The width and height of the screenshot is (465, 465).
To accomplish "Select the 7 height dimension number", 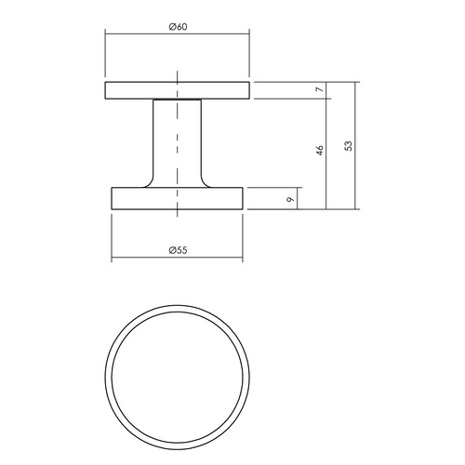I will pos(319,90).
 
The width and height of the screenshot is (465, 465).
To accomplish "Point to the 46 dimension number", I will pos(319,149).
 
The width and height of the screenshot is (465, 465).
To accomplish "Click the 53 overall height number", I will pos(347,146).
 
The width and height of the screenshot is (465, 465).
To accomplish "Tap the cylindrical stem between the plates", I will pos(177,139).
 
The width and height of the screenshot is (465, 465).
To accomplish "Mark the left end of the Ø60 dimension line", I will pos(104,33).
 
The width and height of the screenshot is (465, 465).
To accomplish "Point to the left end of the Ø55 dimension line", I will pos(112,259).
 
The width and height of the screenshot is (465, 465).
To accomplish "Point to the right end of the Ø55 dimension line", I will pos(243,259).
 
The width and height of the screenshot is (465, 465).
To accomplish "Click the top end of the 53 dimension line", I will pos(355,82).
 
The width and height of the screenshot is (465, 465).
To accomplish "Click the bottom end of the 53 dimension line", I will pos(355,210).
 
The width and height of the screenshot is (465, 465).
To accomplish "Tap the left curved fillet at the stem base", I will pos(149,182).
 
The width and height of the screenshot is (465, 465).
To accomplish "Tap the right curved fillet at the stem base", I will pos(205,182).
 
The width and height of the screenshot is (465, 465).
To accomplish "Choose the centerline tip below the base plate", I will pos(177,219).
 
